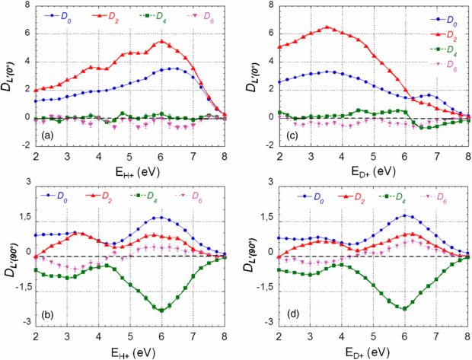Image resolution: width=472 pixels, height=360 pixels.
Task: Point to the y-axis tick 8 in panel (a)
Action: tap(27, 5)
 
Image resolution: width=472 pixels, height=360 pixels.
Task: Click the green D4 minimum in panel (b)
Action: tap(161, 310)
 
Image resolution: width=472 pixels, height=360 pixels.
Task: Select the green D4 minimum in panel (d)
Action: tap(404, 308)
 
